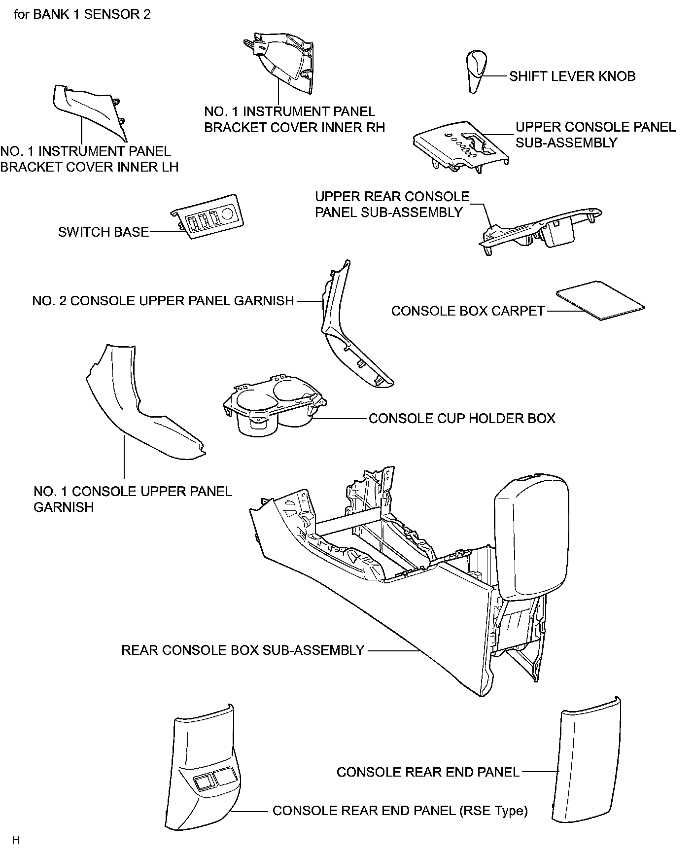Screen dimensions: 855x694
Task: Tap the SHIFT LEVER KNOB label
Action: [x=572, y=76]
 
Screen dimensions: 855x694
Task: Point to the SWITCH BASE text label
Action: [x=104, y=232]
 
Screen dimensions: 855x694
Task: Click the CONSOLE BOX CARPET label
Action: [x=468, y=311]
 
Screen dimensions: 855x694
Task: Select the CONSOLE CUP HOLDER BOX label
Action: [x=462, y=419]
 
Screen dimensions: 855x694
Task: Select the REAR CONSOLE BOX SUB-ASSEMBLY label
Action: [x=243, y=650]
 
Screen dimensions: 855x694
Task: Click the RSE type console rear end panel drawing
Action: [x=202, y=774]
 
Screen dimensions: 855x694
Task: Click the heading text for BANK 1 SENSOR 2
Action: [x=82, y=14]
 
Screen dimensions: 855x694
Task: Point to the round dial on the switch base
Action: [x=228, y=213]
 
